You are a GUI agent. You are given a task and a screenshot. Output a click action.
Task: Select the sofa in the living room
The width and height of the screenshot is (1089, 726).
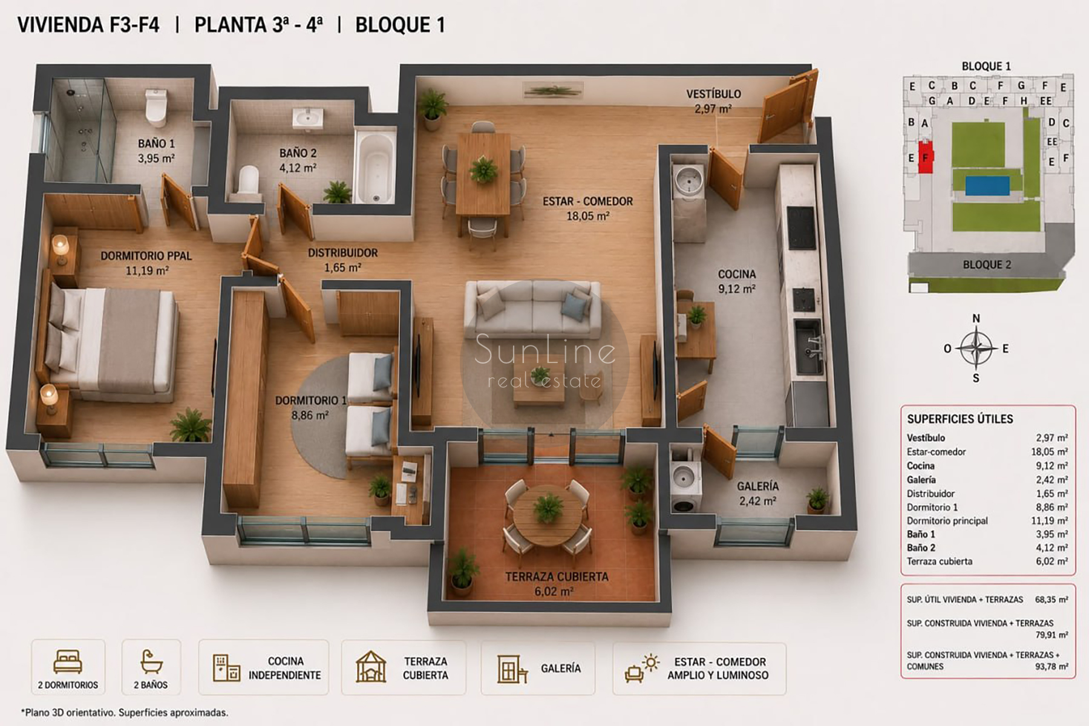(532, 309)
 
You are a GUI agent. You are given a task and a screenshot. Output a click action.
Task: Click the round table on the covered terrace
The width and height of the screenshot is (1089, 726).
(548, 514)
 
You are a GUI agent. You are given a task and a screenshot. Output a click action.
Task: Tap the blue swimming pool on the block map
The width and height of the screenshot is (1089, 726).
(987, 185)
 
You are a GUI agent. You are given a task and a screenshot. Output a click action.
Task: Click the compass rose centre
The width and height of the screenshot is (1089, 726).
(976, 348)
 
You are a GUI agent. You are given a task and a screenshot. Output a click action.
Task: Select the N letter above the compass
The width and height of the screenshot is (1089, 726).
(976, 318)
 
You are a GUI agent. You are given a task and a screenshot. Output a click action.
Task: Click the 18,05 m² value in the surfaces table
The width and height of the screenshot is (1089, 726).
(1049, 452)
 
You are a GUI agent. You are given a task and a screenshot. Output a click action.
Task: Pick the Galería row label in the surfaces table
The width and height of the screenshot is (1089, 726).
(921, 480)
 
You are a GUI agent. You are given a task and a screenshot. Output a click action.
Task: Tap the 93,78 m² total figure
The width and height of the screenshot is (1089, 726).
(1051, 667)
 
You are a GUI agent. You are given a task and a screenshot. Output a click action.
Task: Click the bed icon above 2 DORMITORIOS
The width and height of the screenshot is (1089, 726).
(68, 662)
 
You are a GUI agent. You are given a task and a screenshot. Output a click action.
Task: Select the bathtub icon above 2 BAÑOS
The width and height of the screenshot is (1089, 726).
(151, 662)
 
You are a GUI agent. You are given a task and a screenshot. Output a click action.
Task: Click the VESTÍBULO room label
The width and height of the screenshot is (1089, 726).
(713, 94)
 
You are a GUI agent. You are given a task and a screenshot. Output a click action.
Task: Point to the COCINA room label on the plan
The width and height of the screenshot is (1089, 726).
(737, 274)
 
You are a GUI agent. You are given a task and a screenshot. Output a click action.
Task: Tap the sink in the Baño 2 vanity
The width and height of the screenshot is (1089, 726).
(308, 117)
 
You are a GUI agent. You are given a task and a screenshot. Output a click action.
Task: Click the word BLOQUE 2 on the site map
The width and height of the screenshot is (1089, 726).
(987, 264)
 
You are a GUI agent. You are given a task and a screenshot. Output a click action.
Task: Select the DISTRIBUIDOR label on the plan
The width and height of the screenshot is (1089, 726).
(342, 253)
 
